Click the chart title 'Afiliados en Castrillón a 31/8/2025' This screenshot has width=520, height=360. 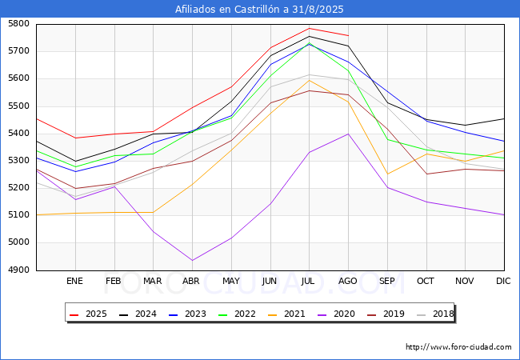[x=259, y=10]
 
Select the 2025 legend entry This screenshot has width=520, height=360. [x=88, y=314]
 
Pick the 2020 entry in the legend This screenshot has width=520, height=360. [x=336, y=314]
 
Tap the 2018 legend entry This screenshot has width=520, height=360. [x=434, y=314]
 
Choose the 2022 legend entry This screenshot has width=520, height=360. [x=237, y=314]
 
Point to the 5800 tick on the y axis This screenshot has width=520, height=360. [x=19, y=24]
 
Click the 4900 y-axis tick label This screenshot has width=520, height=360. [x=19, y=270]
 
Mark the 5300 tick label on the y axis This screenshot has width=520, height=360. [x=19, y=161]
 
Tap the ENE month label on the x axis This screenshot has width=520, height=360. [x=74, y=281]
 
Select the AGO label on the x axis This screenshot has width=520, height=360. [x=347, y=281]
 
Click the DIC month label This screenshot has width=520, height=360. [x=503, y=281]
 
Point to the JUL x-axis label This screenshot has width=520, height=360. [x=308, y=281]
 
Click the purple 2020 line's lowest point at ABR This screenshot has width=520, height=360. [x=192, y=260]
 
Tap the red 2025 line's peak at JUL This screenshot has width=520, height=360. [x=309, y=28]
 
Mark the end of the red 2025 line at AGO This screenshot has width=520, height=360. [x=348, y=35]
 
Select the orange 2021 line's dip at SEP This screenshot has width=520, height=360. [x=387, y=174]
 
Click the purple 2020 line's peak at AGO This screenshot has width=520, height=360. [x=348, y=134]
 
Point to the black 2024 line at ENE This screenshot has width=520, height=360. [x=76, y=162]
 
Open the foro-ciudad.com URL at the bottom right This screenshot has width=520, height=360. [x=458, y=347]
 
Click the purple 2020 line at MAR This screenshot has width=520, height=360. [x=154, y=231]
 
